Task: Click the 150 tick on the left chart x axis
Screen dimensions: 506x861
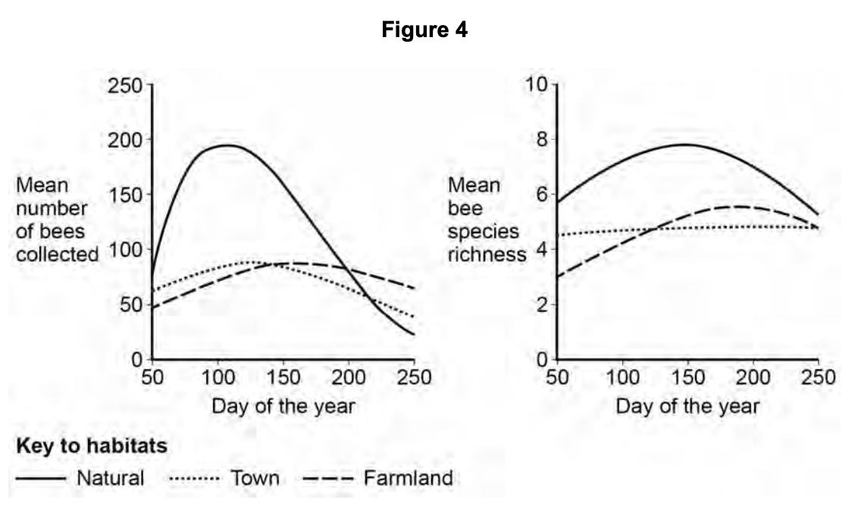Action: click(283, 377)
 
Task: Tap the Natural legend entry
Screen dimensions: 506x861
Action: click(110, 479)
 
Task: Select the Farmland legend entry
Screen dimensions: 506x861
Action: click(408, 479)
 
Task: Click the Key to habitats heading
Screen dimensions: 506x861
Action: click(91, 447)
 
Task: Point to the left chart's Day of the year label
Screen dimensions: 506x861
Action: click(283, 407)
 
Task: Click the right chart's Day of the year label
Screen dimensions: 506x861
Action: click(687, 407)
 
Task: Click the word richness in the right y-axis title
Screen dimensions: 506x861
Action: click(487, 255)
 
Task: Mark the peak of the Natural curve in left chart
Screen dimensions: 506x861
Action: click(227, 145)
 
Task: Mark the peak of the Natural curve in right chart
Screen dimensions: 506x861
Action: click(686, 145)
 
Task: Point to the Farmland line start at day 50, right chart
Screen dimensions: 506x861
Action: click(558, 276)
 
